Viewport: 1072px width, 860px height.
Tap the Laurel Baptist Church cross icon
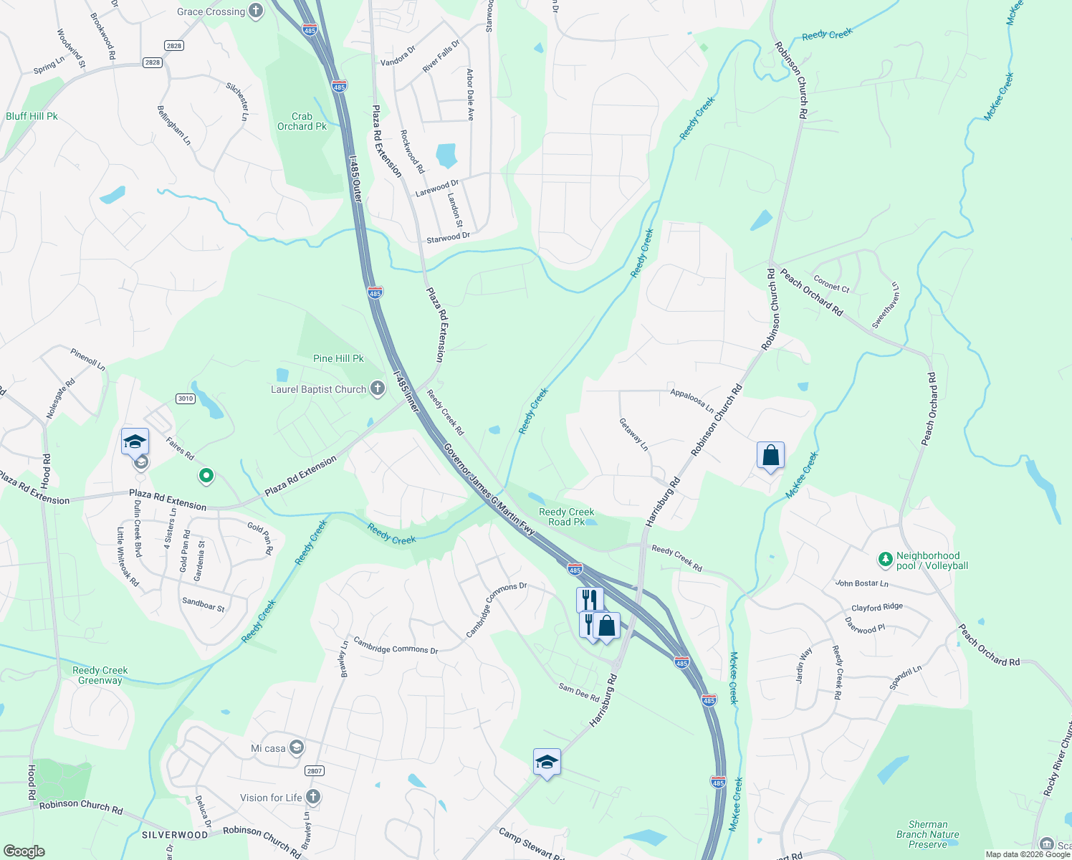[x=378, y=389]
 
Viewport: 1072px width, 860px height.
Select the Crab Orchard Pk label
[x=302, y=121]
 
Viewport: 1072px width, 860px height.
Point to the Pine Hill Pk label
[x=338, y=358]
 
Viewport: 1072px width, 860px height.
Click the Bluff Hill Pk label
[x=32, y=116]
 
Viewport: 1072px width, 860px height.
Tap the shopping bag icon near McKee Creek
[x=770, y=456]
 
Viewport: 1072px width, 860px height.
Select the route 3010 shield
[x=186, y=398]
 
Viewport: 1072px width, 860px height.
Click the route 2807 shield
[x=314, y=771]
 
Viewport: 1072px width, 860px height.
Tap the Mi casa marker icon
[x=297, y=748]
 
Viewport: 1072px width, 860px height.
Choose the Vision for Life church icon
[x=313, y=797]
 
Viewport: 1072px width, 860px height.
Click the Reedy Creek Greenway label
[x=100, y=675]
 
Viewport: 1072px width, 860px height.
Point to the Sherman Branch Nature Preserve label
[x=927, y=834]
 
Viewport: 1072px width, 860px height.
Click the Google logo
[x=24, y=851]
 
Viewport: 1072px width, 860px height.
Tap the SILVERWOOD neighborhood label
[x=175, y=835]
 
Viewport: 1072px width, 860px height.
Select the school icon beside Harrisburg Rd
[x=547, y=762]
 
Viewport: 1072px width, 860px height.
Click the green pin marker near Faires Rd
[x=206, y=474]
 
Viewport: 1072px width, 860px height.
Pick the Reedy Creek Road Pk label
[x=566, y=517]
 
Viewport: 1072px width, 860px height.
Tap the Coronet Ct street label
[x=831, y=285]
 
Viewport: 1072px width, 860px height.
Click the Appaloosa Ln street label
[x=691, y=401]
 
